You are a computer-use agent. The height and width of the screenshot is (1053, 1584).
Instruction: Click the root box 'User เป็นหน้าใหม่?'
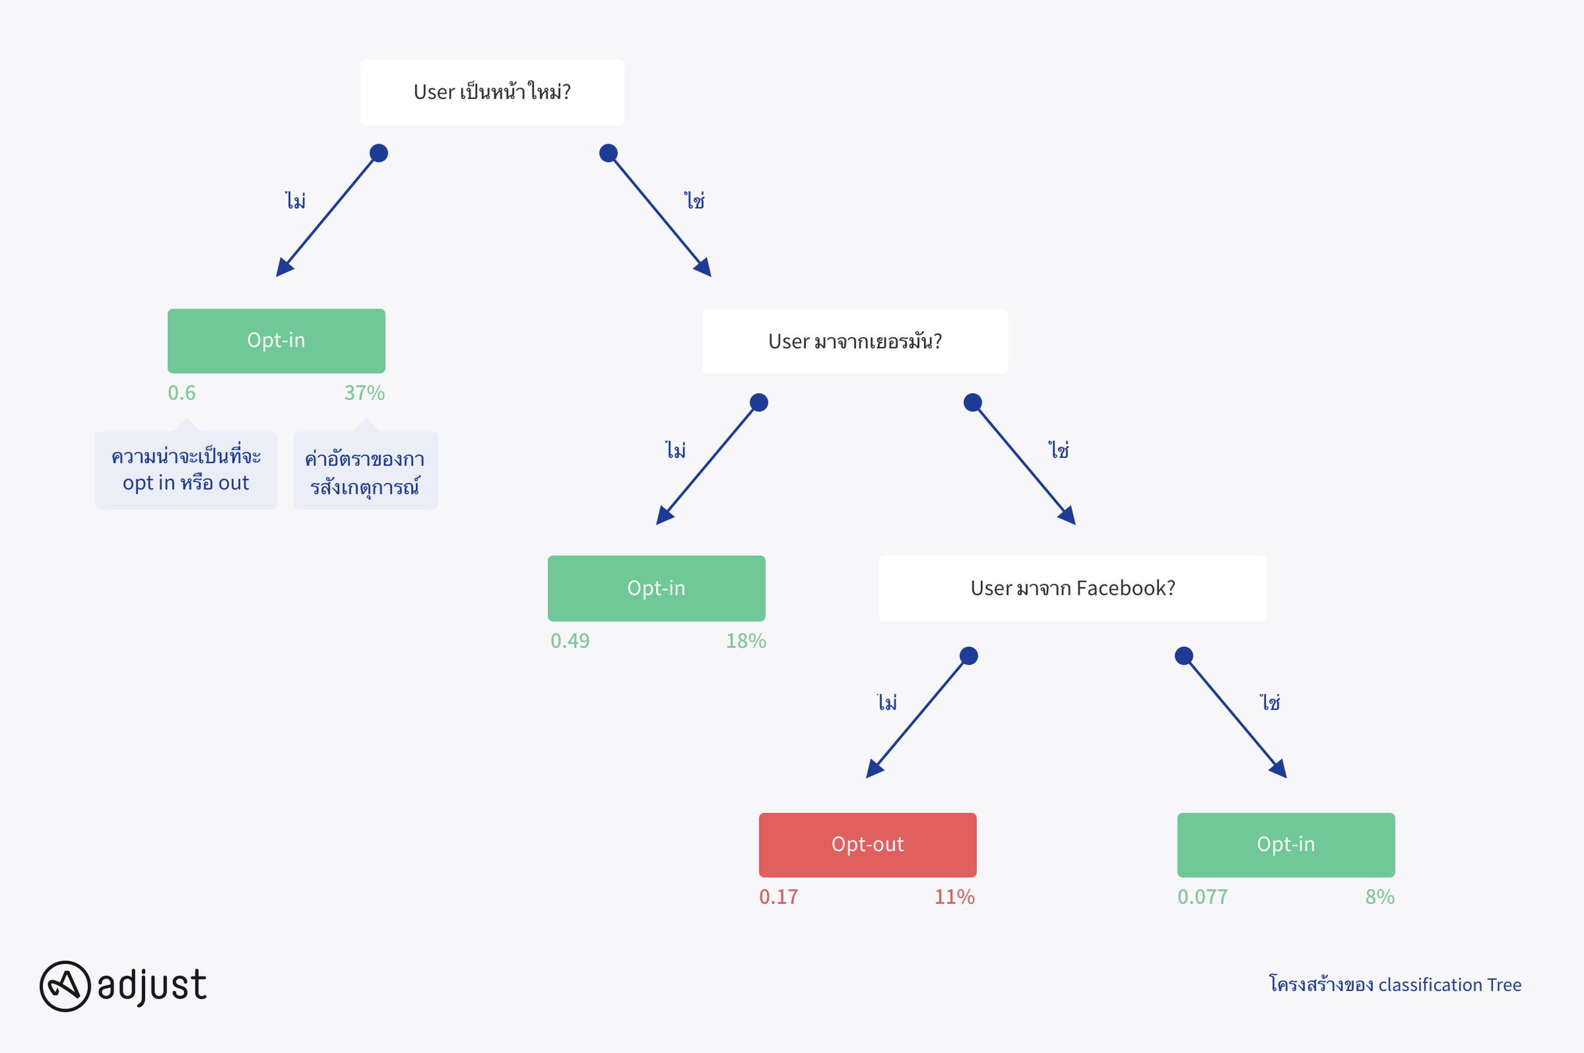tap(492, 92)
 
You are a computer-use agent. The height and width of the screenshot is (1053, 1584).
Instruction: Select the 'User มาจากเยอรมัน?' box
tap(855, 341)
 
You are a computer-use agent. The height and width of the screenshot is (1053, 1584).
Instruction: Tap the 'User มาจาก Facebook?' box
tap(1073, 588)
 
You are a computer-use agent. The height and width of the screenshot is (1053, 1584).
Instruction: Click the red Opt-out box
tap(867, 845)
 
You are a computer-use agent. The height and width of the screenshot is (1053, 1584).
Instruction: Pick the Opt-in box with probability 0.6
tap(276, 341)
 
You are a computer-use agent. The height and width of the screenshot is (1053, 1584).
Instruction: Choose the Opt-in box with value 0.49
tap(656, 588)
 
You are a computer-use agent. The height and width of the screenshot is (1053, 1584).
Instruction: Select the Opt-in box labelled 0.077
tap(1286, 845)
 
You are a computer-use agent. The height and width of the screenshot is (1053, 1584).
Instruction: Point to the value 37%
tap(364, 393)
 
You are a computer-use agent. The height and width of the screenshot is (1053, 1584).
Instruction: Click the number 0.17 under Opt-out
tap(779, 897)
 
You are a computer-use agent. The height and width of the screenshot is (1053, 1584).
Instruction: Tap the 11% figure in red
tap(955, 897)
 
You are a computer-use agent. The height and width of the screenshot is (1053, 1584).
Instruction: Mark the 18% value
tap(746, 641)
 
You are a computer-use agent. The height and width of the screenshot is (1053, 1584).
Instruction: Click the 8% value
tap(1380, 897)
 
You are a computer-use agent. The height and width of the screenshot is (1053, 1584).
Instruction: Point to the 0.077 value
tap(1202, 897)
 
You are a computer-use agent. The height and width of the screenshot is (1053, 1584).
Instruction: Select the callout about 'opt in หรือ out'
tap(186, 470)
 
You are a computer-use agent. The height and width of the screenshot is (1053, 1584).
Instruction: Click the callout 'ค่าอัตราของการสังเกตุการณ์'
tap(365, 470)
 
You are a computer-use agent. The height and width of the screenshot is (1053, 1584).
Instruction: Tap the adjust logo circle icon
tap(65, 986)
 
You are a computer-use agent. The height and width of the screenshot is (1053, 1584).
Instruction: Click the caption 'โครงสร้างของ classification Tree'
tap(1395, 984)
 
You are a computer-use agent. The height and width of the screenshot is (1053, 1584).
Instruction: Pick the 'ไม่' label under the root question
tap(295, 200)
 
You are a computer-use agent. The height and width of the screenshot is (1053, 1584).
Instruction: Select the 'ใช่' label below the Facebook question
tap(1269, 702)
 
